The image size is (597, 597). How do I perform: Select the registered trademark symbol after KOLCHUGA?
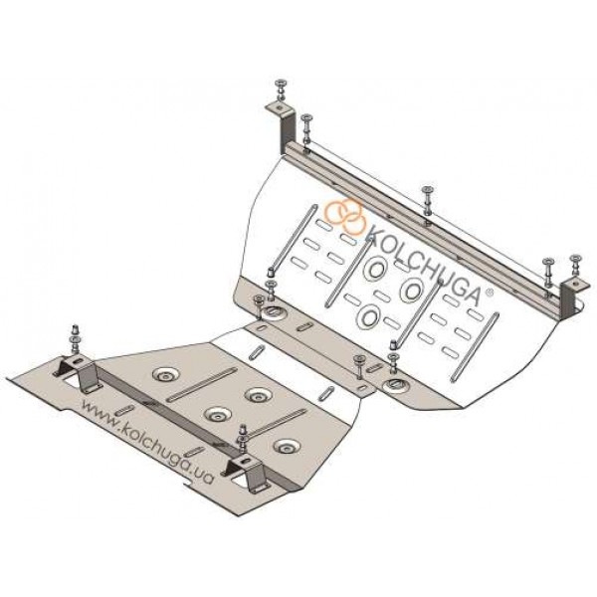click(490, 293)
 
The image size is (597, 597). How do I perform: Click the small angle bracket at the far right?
click(574, 298)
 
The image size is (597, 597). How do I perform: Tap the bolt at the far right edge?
click(575, 265)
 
